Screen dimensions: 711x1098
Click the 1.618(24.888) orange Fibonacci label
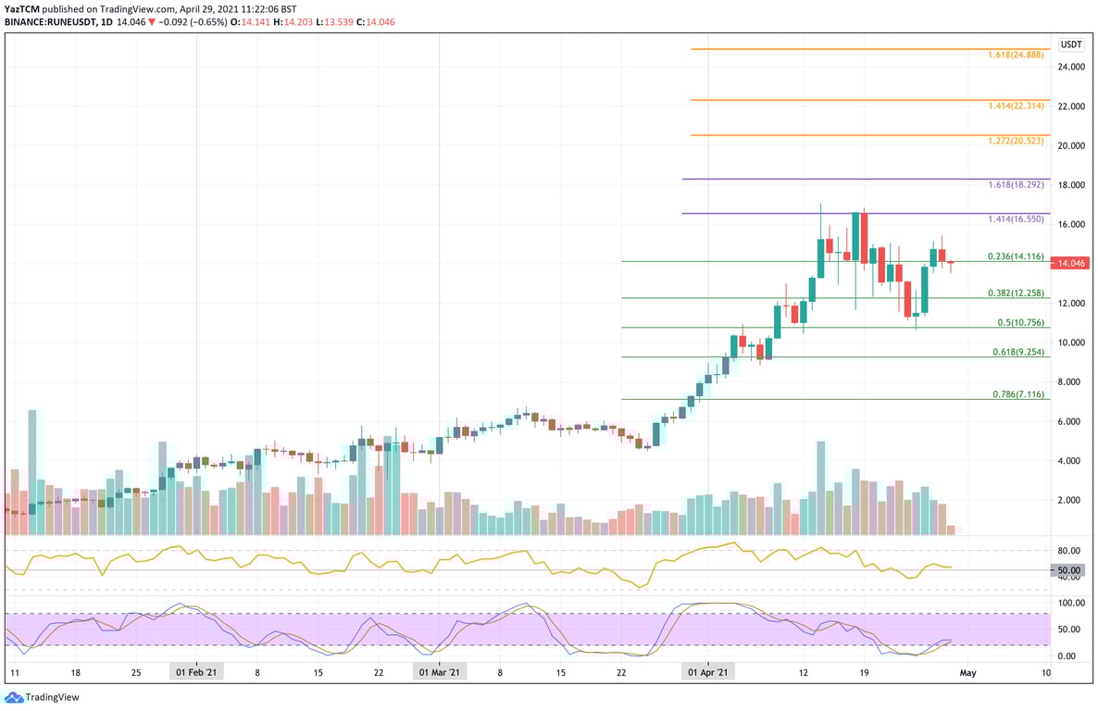click(1016, 56)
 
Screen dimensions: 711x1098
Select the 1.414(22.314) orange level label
click(1016, 106)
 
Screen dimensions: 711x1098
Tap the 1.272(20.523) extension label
click(1016, 142)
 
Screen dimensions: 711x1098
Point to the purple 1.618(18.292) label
click(1016, 185)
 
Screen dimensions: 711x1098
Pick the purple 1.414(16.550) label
click(1016, 220)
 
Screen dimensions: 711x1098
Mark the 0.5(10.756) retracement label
click(1021, 322)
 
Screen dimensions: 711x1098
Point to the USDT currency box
click(1071, 44)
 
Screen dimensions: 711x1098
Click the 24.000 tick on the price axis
click(1071, 68)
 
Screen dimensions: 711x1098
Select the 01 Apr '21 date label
click(707, 672)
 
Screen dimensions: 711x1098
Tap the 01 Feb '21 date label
click(196, 672)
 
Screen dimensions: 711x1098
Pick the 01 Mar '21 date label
click(440, 672)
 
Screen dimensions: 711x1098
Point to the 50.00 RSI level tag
click(1069, 570)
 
